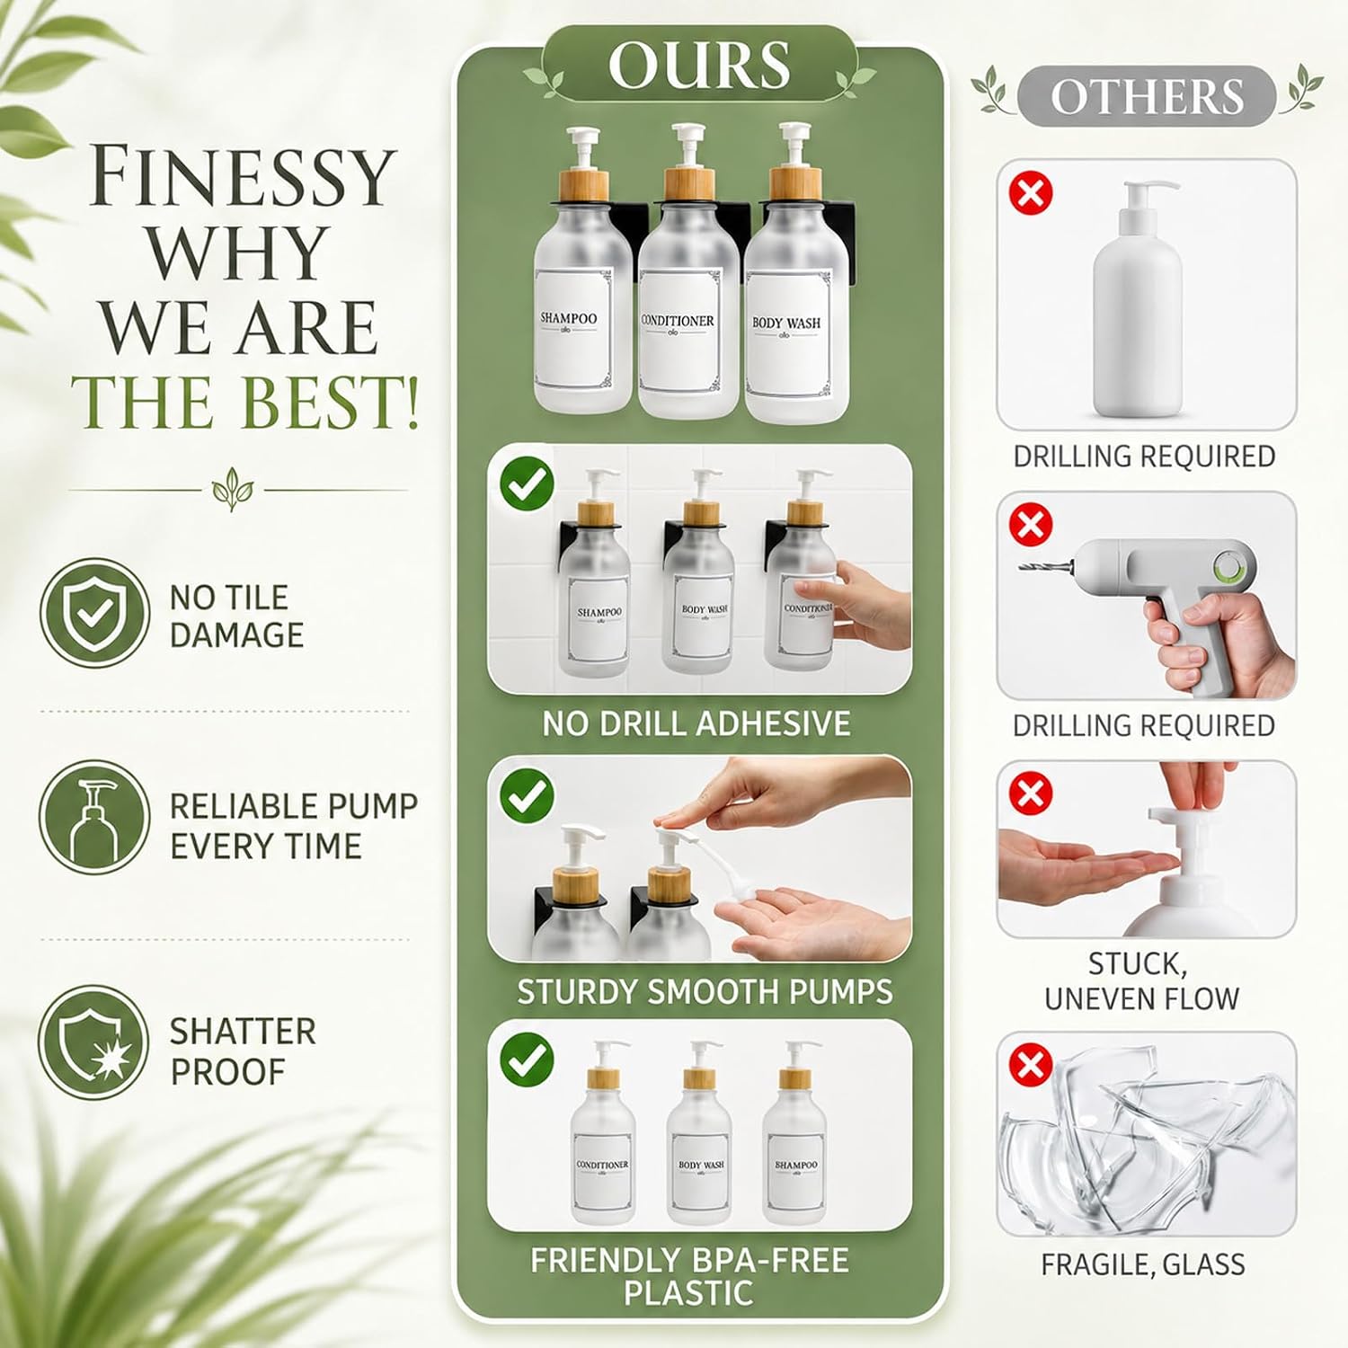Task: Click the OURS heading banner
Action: pos(699,65)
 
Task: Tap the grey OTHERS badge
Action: pos(1147,96)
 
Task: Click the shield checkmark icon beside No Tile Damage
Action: pos(94,613)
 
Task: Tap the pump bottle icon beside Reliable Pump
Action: pos(94,817)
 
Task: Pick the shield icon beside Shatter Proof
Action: pos(94,1042)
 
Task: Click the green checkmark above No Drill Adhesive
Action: pos(528,484)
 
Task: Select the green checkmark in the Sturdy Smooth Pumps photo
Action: pos(528,795)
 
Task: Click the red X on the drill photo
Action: pos(1031,525)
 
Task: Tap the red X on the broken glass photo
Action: pos(1031,1066)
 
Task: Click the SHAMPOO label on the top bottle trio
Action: pos(569,318)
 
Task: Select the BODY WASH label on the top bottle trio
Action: pos(786,323)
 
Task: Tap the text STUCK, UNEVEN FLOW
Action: pos(1141,981)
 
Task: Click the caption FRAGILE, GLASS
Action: pos(1143,1265)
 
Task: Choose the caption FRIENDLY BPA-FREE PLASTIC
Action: pos(689,1277)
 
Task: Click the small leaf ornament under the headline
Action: pos(233,490)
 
